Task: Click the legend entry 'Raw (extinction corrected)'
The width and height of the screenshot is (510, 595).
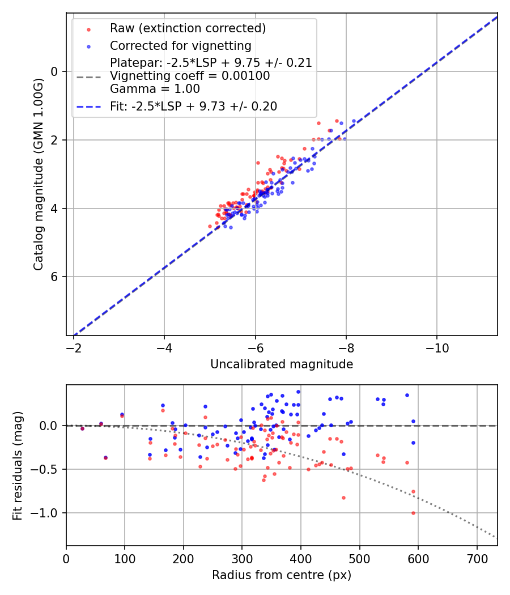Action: (188, 28)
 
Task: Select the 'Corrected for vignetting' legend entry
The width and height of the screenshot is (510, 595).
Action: (180, 45)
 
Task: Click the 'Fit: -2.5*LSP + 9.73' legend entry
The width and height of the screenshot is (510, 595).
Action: (193, 106)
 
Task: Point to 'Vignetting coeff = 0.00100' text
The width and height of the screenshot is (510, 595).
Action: (190, 76)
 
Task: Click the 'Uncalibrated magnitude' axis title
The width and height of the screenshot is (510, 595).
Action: (282, 364)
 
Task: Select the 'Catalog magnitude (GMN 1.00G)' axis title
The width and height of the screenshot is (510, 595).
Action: (39, 173)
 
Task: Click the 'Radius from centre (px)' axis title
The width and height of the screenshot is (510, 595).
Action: (282, 575)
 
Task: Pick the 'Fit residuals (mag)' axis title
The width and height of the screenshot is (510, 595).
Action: (18, 465)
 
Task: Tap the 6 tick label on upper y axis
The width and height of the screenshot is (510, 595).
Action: (55, 277)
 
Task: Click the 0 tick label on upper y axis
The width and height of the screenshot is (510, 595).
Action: (55, 71)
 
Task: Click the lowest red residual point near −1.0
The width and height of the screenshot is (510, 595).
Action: (413, 513)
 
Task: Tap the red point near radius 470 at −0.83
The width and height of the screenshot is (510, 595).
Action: (343, 498)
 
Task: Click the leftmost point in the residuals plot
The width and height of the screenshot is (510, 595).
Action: (82, 428)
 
